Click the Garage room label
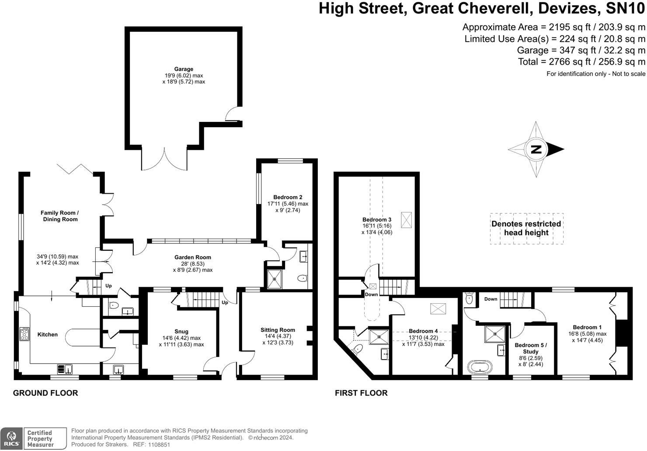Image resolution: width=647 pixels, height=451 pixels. (x=184, y=69)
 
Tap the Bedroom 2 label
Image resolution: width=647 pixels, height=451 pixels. (x=288, y=197)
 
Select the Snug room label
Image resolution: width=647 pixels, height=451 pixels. (x=181, y=332)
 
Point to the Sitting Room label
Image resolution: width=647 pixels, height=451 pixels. (x=278, y=330)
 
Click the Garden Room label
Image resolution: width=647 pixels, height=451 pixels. (x=193, y=257)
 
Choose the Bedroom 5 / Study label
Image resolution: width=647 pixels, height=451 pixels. (x=530, y=348)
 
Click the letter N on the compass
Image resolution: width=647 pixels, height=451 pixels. (x=536, y=149)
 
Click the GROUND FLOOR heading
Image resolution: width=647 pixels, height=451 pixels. (x=45, y=393)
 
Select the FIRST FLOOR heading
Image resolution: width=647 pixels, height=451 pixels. (x=361, y=393)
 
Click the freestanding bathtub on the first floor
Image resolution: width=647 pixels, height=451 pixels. (x=480, y=366)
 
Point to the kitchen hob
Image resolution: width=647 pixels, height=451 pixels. (x=24, y=334)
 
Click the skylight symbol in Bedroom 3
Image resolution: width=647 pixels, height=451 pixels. (x=406, y=219)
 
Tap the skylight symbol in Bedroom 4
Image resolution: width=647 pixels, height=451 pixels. (x=437, y=309)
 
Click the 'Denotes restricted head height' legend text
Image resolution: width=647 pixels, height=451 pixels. (x=526, y=228)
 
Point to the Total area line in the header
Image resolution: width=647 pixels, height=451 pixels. (x=581, y=62)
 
